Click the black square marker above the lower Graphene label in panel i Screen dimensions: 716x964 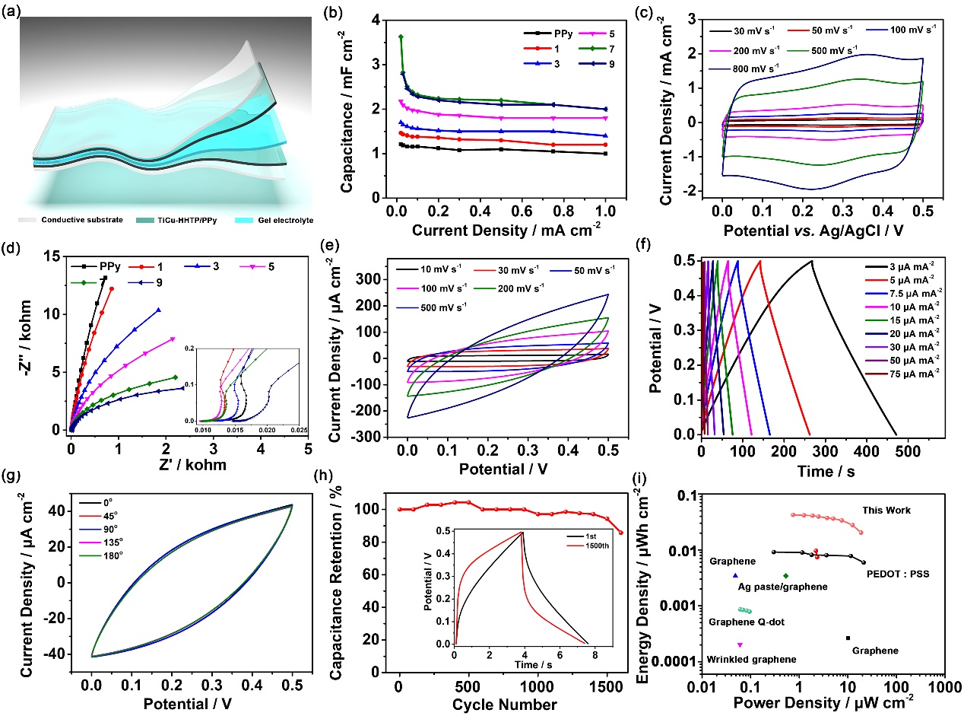point(848,638)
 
